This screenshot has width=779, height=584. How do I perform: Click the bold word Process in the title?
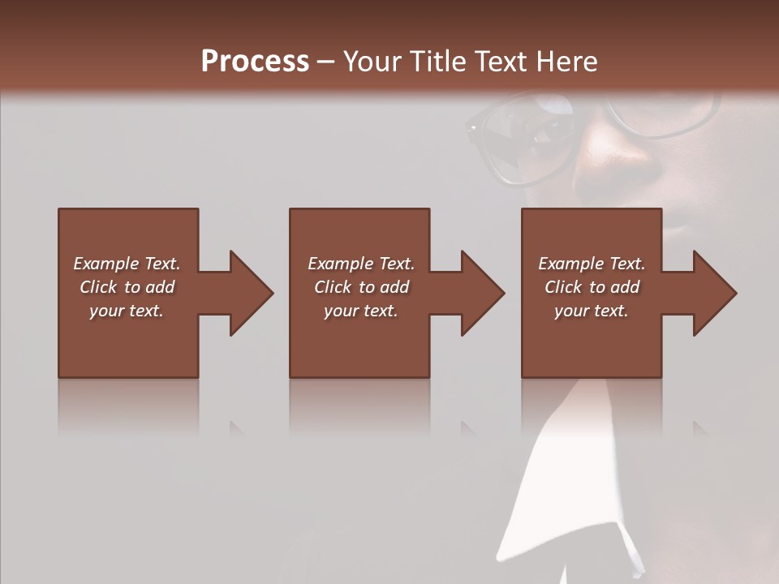pos(255,62)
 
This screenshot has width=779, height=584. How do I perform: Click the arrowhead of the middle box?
pos(482,293)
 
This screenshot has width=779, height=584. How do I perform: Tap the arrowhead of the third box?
pos(714,293)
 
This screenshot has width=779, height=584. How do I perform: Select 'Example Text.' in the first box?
pos(127,264)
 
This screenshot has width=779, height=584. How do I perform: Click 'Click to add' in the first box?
pos(127,287)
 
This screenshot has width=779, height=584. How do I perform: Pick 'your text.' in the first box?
pos(127,311)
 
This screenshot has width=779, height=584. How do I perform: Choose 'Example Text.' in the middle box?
pos(361,264)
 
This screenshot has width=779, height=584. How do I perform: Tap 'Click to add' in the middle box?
pos(361,287)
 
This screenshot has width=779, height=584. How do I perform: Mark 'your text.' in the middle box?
pos(361,311)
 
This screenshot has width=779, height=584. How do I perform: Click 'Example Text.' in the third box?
pos(592,264)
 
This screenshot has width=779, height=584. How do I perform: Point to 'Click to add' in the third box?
pos(592,287)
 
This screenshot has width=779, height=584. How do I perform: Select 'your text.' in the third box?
pos(592,311)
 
